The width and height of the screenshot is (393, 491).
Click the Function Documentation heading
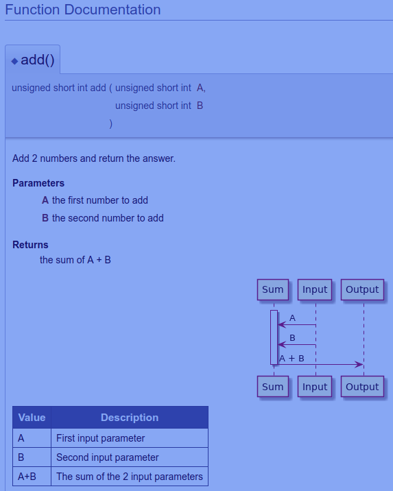point(83,10)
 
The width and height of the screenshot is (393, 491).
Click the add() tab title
point(38,60)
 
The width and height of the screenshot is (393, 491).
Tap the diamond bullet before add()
point(14,61)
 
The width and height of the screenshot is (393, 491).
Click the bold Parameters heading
point(38,183)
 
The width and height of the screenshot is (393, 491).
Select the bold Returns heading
point(30,245)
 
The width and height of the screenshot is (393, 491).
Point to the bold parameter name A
point(45,200)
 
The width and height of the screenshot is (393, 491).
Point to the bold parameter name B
point(45,218)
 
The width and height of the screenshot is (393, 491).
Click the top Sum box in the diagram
point(273,289)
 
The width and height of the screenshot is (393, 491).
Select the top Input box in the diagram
point(315,289)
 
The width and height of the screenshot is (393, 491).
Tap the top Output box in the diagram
point(362,289)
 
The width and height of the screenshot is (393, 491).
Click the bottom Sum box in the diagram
point(273,387)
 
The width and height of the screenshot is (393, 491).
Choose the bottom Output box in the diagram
point(362,387)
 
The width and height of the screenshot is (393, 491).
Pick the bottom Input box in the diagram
point(315,387)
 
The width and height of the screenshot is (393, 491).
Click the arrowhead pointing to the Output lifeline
point(359,365)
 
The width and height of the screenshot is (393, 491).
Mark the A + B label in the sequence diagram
point(291,358)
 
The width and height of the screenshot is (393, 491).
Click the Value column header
point(32,418)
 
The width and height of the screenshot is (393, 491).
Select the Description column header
point(130,418)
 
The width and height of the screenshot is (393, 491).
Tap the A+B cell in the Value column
point(32,477)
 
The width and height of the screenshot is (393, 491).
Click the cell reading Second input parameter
point(130,457)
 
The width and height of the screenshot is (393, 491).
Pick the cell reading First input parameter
point(130,438)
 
